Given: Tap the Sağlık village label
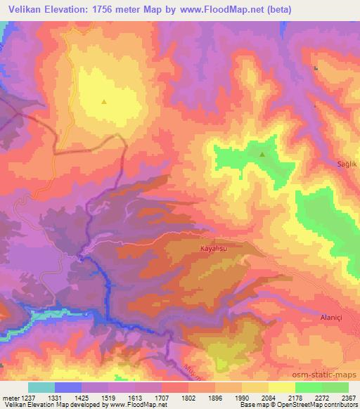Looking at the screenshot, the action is pos(348,164).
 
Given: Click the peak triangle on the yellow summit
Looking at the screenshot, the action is pos(104,101).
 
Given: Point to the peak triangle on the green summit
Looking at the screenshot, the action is pos(262,154).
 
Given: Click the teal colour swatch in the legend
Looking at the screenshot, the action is pos(41,387).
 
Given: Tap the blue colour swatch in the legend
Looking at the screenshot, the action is pos(68,387).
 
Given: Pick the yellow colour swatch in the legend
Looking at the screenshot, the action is pos(282,387).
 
